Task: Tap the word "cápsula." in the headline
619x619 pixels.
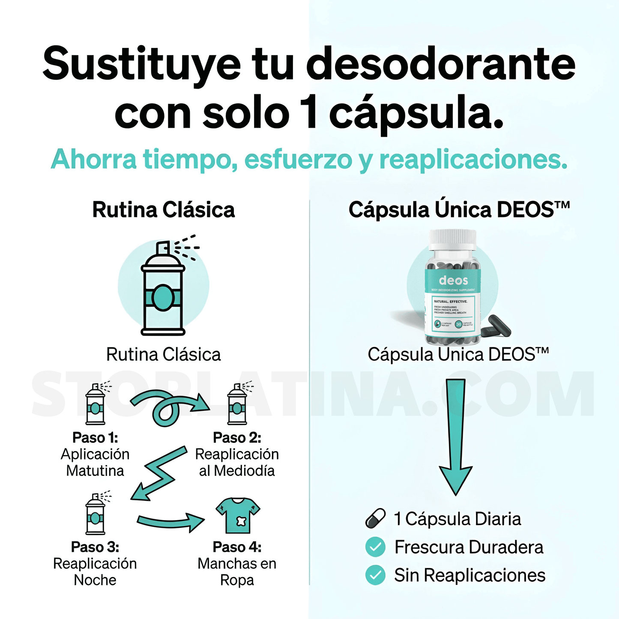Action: pos(416,114)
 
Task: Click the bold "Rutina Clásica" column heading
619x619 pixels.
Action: pos(164,210)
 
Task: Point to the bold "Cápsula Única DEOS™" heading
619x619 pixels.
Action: pos(459,210)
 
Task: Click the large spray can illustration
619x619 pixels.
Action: pos(163,289)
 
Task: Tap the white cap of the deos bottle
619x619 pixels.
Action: pos(453,240)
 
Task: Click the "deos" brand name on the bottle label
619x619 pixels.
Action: pos(453,281)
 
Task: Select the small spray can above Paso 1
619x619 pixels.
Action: pos(96,405)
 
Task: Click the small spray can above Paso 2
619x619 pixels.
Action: pos(237,405)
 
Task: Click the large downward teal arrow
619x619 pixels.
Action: pos(455,437)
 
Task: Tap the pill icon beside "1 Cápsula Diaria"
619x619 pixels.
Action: pos(376,518)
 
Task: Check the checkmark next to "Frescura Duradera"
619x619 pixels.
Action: pos(376,547)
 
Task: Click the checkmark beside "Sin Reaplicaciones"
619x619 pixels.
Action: pos(376,575)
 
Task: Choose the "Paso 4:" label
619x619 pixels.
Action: pos(237,547)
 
